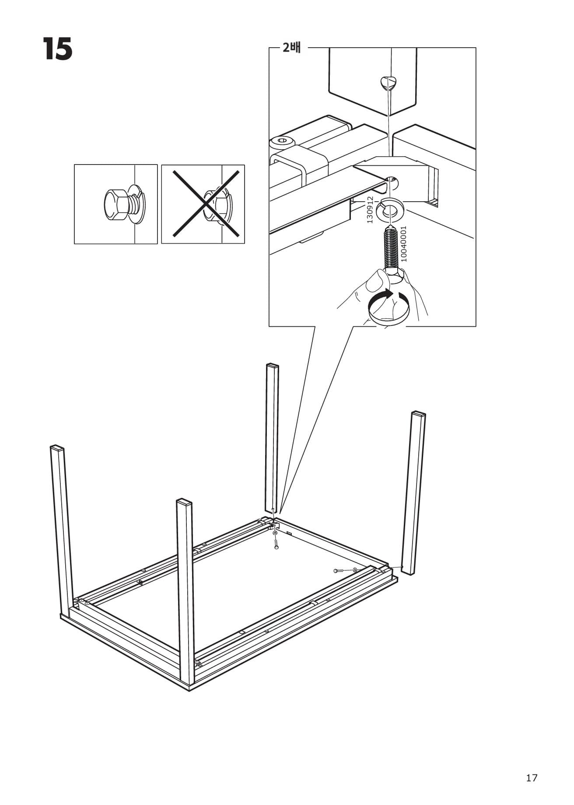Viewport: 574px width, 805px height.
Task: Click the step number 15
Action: [x=57, y=49]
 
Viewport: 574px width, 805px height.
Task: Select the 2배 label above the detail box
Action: [x=291, y=47]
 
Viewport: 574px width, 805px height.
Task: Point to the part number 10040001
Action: [x=403, y=244]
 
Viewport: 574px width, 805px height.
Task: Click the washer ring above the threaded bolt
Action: [x=392, y=208]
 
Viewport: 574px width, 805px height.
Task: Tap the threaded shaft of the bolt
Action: [x=392, y=248]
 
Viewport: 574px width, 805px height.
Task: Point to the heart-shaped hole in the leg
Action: [x=388, y=82]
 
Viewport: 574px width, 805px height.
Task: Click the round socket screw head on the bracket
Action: [x=281, y=141]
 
